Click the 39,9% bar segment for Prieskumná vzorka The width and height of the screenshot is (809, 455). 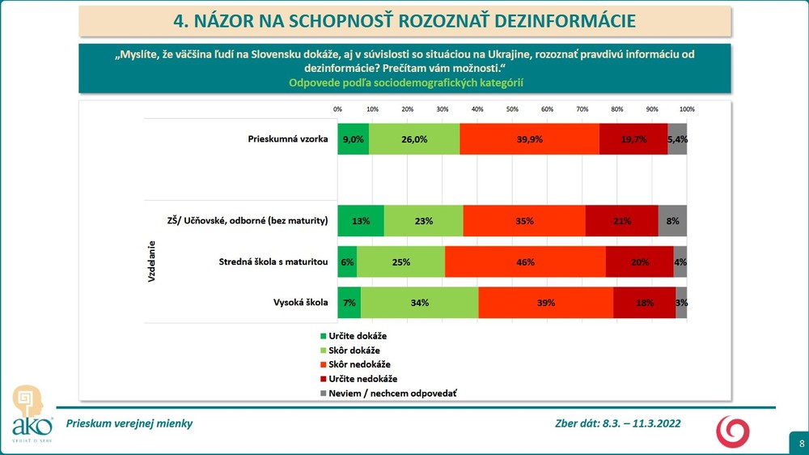530,139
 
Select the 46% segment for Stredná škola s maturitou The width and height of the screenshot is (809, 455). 525,262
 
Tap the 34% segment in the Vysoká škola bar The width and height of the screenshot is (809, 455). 419,303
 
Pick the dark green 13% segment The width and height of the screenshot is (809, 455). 361,220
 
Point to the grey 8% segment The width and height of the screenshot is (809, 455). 672,220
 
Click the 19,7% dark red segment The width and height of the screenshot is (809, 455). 633,139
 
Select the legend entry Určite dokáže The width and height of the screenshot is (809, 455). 358,334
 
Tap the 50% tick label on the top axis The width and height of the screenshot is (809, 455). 512,108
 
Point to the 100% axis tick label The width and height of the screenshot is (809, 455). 687,108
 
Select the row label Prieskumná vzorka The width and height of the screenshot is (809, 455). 287,139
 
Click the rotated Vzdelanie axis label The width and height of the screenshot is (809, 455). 152,262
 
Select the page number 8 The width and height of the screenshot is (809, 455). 801,443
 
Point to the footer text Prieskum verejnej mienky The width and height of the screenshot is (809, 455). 129,423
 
